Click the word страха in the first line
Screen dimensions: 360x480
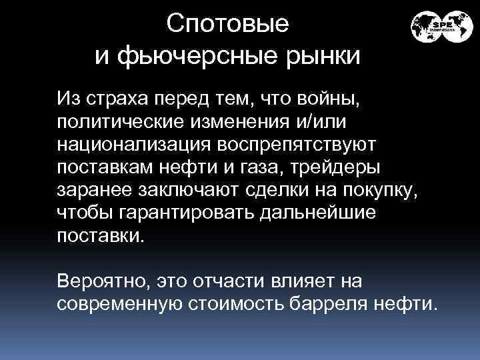(x=117, y=101)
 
